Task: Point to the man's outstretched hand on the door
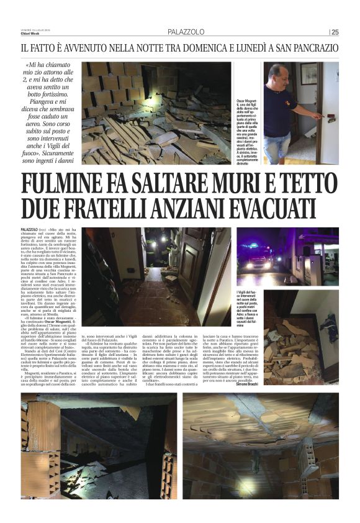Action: [318, 116]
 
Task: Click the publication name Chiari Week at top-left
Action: [29, 35]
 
